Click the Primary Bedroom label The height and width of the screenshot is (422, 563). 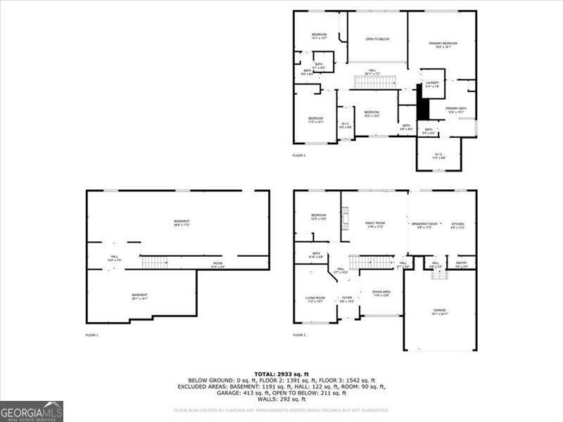pyautogui.click(x=443, y=44)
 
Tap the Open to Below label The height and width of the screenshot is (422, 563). pyautogui.click(x=378, y=39)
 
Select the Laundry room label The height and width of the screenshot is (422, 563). pyautogui.click(x=432, y=83)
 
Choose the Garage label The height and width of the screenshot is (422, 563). pyautogui.click(x=440, y=310)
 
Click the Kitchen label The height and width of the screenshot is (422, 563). pyautogui.click(x=457, y=224)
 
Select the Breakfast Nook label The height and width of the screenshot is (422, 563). pyautogui.click(x=424, y=224)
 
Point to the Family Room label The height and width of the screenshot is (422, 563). pyautogui.click(x=375, y=223)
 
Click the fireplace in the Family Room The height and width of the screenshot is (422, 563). pyautogui.click(x=345, y=224)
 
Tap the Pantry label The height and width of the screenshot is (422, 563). pyautogui.click(x=461, y=263)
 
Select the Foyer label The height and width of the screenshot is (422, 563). pyautogui.click(x=347, y=298)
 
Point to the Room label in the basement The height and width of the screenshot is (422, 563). pyautogui.click(x=218, y=264)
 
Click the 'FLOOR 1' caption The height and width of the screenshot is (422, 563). pyautogui.click(x=92, y=335)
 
